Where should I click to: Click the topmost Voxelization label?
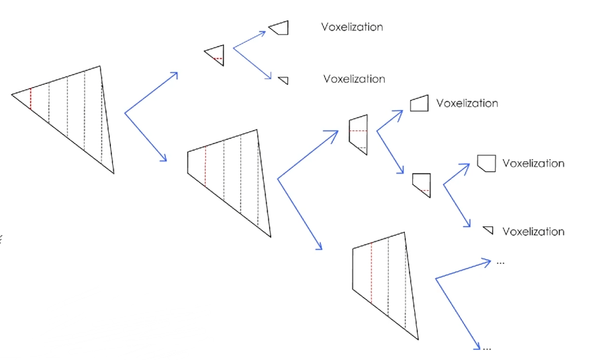tap(352, 27)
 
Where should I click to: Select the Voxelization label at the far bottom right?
tap(533, 232)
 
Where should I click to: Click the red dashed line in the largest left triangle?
tap(30, 99)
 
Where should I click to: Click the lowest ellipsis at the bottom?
tap(487, 349)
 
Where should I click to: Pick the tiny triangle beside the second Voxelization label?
tap(284, 80)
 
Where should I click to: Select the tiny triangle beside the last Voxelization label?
tap(489, 230)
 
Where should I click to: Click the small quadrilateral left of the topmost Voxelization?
tap(279, 28)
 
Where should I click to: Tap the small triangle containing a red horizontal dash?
tap(216, 55)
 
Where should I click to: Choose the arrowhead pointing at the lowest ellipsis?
tap(478, 347)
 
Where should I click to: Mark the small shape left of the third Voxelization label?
tap(419, 103)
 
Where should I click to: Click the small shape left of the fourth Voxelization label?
tap(486, 163)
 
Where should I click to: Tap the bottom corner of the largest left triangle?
tap(113, 173)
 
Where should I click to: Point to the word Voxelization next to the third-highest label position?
tap(467, 103)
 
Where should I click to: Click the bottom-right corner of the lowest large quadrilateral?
tap(417, 340)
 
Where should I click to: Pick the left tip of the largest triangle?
tap(12, 95)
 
